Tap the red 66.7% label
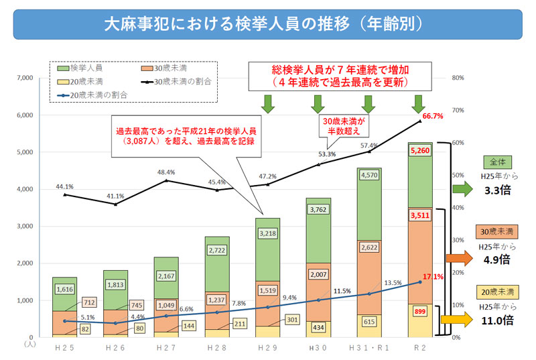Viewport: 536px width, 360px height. pyautogui.click(x=432, y=116)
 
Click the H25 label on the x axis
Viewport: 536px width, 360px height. pyautogui.click(x=65, y=348)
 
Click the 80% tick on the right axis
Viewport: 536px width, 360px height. pyautogui.click(x=458, y=78)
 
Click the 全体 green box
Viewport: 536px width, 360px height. pyautogui.click(x=497, y=162)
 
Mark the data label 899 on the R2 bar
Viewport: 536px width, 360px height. pyautogui.click(x=419, y=311)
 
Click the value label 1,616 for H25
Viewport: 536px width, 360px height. pyautogui.click(x=65, y=290)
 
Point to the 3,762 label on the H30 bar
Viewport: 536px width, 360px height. pyautogui.click(x=319, y=211)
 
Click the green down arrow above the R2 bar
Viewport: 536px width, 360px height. pyautogui.click(x=419, y=103)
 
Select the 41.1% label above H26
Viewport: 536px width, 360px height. pyautogui.click(x=115, y=196)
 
